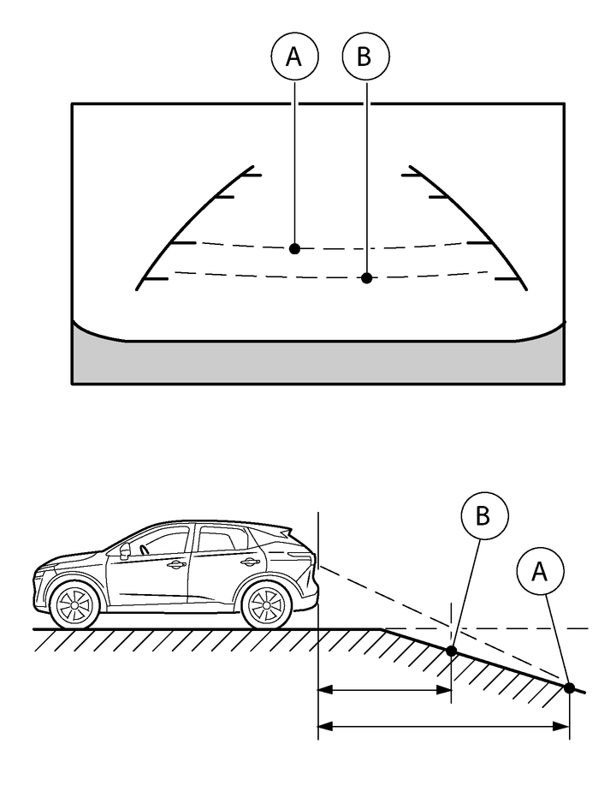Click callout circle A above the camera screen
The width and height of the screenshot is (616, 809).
[294, 57]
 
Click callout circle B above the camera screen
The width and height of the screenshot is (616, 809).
[365, 57]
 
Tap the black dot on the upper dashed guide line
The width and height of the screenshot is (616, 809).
[294, 248]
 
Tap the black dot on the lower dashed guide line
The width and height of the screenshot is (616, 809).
[366, 277]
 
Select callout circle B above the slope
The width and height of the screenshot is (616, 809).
[484, 516]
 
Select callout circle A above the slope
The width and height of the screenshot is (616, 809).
[540, 572]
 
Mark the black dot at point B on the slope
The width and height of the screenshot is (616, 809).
[452, 651]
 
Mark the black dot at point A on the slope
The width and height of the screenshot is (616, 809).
[569, 687]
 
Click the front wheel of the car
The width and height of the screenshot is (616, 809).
[75, 604]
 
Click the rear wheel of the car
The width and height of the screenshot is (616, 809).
[264, 604]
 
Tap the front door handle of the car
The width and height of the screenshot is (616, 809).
[178, 564]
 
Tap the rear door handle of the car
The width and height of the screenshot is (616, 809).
[249, 562]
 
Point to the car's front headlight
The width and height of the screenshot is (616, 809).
[49, 571]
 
